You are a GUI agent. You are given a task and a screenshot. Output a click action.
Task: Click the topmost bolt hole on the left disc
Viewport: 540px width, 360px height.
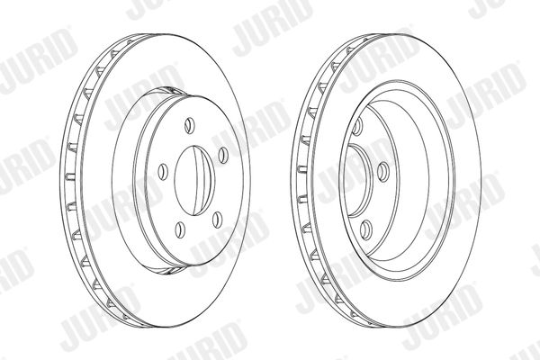(x=190, y=125)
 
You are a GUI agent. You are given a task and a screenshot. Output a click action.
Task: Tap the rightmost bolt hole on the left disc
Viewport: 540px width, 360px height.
(x=223, y=155)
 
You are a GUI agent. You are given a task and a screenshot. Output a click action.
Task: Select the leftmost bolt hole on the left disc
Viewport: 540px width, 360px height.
(x=163, y=172)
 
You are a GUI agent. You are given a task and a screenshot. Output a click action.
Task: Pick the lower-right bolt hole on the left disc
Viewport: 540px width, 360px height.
(x=217, y=220)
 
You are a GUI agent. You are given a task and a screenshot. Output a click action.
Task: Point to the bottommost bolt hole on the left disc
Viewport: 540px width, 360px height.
(x=180, y=229)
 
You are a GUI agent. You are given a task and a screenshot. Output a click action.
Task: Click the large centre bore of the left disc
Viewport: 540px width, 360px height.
(x=194, y=181)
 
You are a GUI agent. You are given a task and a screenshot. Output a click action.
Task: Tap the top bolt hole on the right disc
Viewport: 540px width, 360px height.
(x=357, y=126)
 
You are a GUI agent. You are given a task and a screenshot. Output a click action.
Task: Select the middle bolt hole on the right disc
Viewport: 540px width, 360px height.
(x=383, y=172)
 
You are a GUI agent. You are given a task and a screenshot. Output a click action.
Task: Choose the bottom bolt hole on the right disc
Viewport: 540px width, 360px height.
(x=366, y=229)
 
